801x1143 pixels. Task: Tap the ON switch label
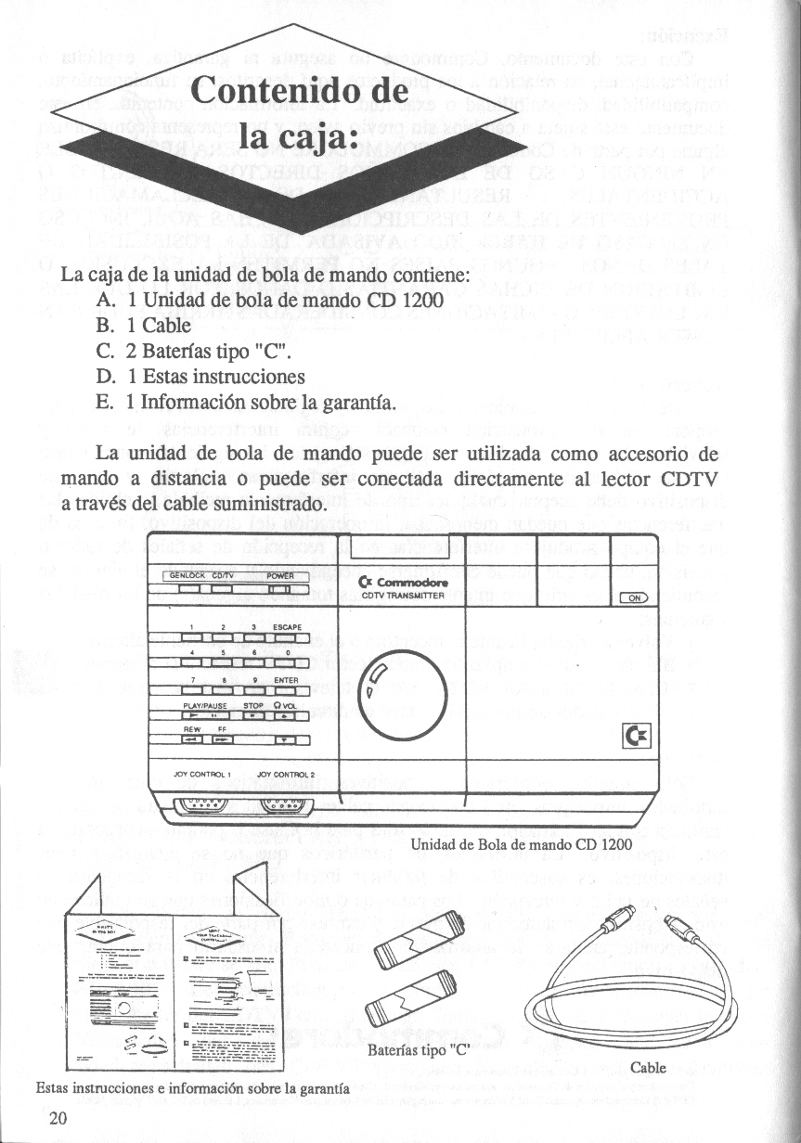635,598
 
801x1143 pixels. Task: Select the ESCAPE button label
287,627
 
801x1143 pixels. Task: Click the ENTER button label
286,680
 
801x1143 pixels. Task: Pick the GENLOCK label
184,575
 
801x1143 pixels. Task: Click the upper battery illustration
412,932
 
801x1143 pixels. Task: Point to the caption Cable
648,1067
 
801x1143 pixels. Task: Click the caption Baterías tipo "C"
415,1051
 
